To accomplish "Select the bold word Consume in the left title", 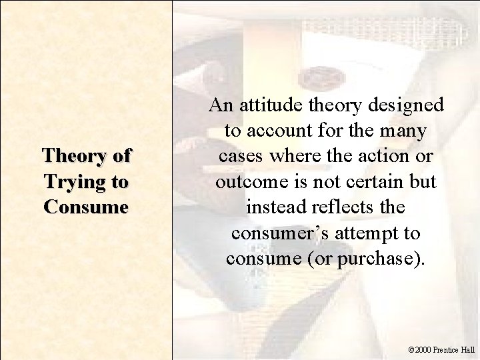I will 85,207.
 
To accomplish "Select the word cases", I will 238,156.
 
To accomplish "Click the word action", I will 381,156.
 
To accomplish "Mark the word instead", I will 273,207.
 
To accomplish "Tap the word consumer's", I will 274,232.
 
